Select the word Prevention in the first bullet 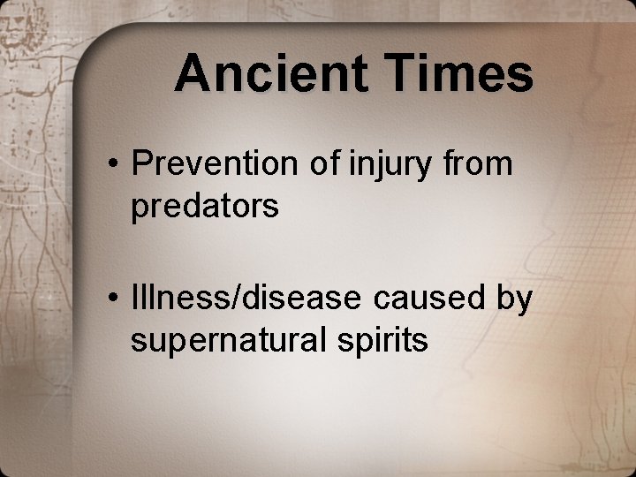(x=210, y=163)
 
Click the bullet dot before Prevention (x=114, y=165)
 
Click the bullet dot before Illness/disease (x=114, y=299)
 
